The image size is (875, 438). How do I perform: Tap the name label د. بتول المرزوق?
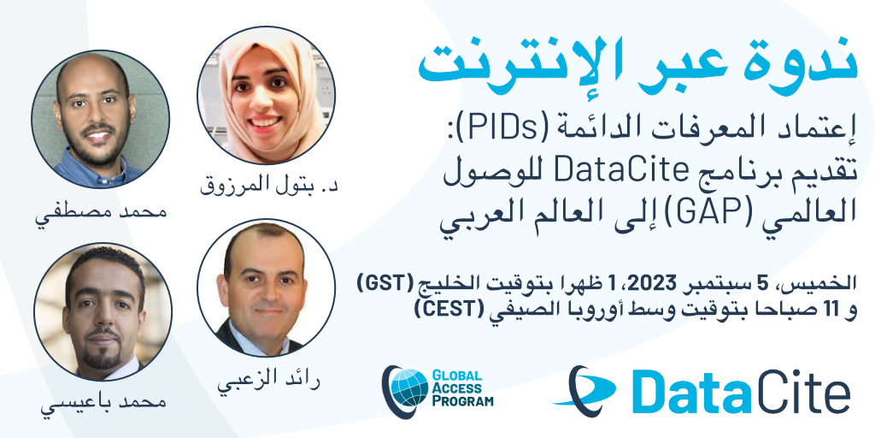(269, 186)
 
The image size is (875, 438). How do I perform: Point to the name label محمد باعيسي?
(103, 405)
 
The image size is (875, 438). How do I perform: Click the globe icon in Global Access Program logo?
(406, 386)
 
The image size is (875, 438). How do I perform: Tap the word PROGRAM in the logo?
(463, 400)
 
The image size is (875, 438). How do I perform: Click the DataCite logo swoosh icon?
(583, 388)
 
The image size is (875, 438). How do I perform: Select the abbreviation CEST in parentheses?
(444, 309)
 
